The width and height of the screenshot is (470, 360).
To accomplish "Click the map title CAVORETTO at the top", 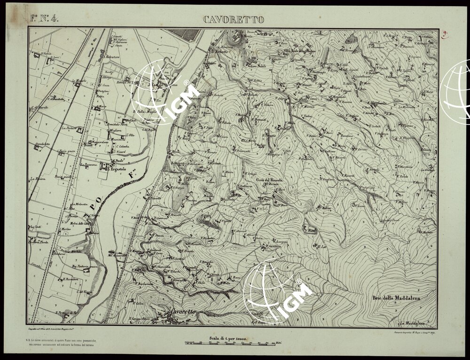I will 234,19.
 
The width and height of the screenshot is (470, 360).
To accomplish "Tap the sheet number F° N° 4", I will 44,19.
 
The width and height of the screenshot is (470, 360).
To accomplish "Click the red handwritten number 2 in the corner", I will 444,34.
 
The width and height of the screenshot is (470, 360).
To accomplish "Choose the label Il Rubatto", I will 219,52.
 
